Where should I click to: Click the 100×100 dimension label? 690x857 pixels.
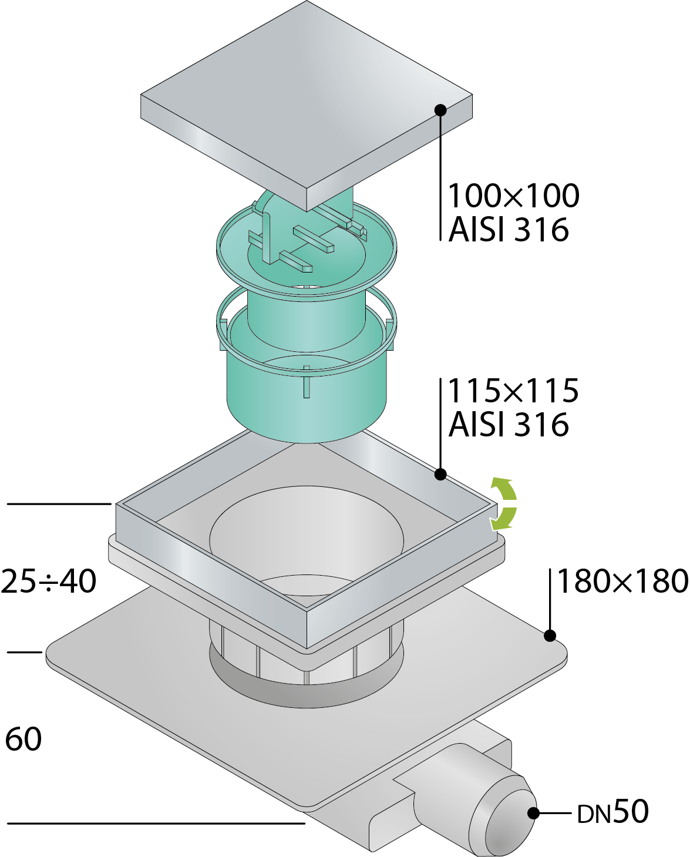(x=514, y=196)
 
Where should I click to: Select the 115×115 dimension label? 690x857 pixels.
(x=514, y=391)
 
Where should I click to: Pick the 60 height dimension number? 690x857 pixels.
(x=23, y=739)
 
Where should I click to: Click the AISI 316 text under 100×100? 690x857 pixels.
(x=509, y=230)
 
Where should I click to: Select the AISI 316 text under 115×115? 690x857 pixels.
(x=509, y=425)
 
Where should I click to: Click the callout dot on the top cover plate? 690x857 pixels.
(x=440, y=110)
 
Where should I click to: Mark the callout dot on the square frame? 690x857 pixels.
(x=440, y=474)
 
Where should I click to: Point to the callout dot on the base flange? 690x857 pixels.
(x=550, y=635)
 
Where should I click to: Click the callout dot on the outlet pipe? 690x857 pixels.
(x=534, y=813)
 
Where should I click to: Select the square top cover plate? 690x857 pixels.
(x=307, y=106)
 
